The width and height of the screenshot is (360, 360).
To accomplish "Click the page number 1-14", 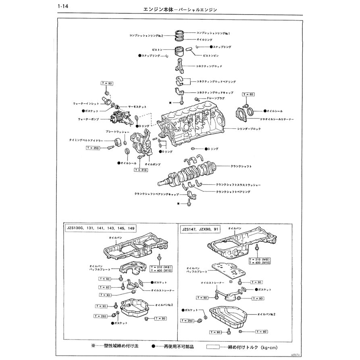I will tap(63, 7).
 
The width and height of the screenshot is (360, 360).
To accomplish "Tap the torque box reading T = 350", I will tap(93, 148).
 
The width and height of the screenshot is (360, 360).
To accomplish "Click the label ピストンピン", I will tap(211, 55).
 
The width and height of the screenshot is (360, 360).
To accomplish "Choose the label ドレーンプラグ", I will tap(214, 98).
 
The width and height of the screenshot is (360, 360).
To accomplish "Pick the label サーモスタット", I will tap(137, 106).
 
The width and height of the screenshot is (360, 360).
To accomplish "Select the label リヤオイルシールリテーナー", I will tap(271, 120).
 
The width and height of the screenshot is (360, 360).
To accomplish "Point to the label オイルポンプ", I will tap(152, 164).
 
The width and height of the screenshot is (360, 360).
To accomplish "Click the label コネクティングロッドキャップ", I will tap(214, 92).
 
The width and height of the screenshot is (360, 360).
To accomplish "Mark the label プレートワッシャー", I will tap(117, 132).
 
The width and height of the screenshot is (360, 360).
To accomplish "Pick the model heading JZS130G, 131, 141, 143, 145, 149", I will tap(101, 229).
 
